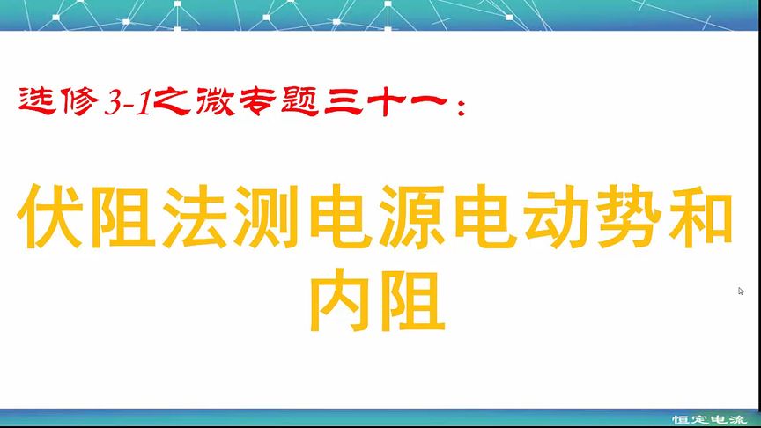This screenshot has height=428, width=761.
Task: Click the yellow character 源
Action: (x=416, y=217)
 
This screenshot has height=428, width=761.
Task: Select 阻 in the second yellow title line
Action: (x=416, y=305)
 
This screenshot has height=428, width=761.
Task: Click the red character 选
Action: (x=35, y=100)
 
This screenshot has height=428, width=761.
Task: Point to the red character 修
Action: (x=78, y=100)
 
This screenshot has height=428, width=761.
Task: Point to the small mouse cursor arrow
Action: (x=741, y=291)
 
